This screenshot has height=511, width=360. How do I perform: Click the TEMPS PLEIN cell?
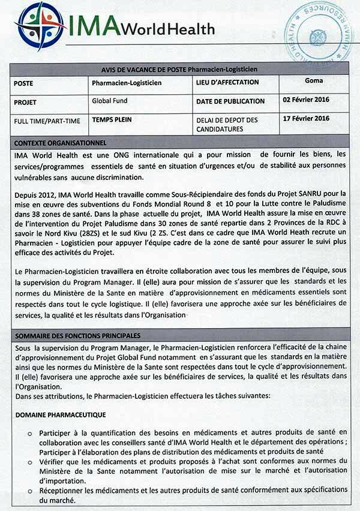112,119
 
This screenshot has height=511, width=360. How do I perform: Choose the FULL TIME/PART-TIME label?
47,121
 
